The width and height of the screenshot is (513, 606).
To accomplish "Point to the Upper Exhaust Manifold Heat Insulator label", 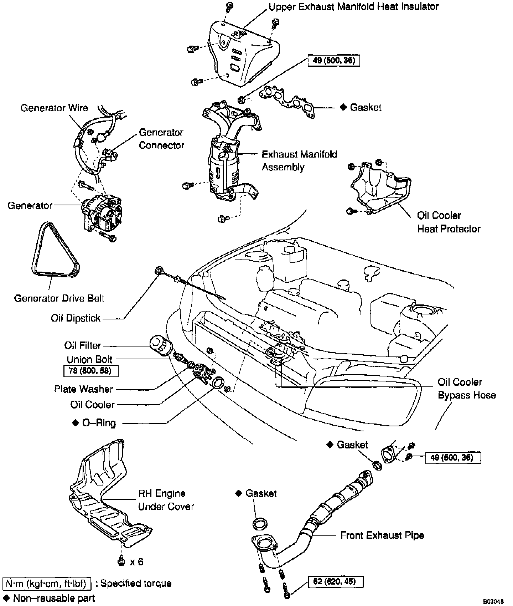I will (x=353, y=7).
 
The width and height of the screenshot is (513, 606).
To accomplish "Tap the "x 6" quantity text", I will (x=136, y=562).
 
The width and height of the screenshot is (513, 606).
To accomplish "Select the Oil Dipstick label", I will (x=76, y=318).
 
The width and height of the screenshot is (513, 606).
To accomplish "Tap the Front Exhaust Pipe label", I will (x=382, y=535).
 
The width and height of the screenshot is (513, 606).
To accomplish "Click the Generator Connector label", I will (x=161, y=139).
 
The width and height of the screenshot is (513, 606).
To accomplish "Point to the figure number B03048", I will (x=493, y=601).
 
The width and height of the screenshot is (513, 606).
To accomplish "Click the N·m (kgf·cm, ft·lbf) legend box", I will (x=47, y=584).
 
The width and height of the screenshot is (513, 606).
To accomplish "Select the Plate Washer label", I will (x=83, y=389).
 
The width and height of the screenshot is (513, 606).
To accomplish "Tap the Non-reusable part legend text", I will (x=54, y=598).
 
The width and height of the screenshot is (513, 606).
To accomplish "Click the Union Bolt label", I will (x=89, y=359).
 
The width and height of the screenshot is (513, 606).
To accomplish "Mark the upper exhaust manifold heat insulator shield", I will (x=242, y=53).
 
